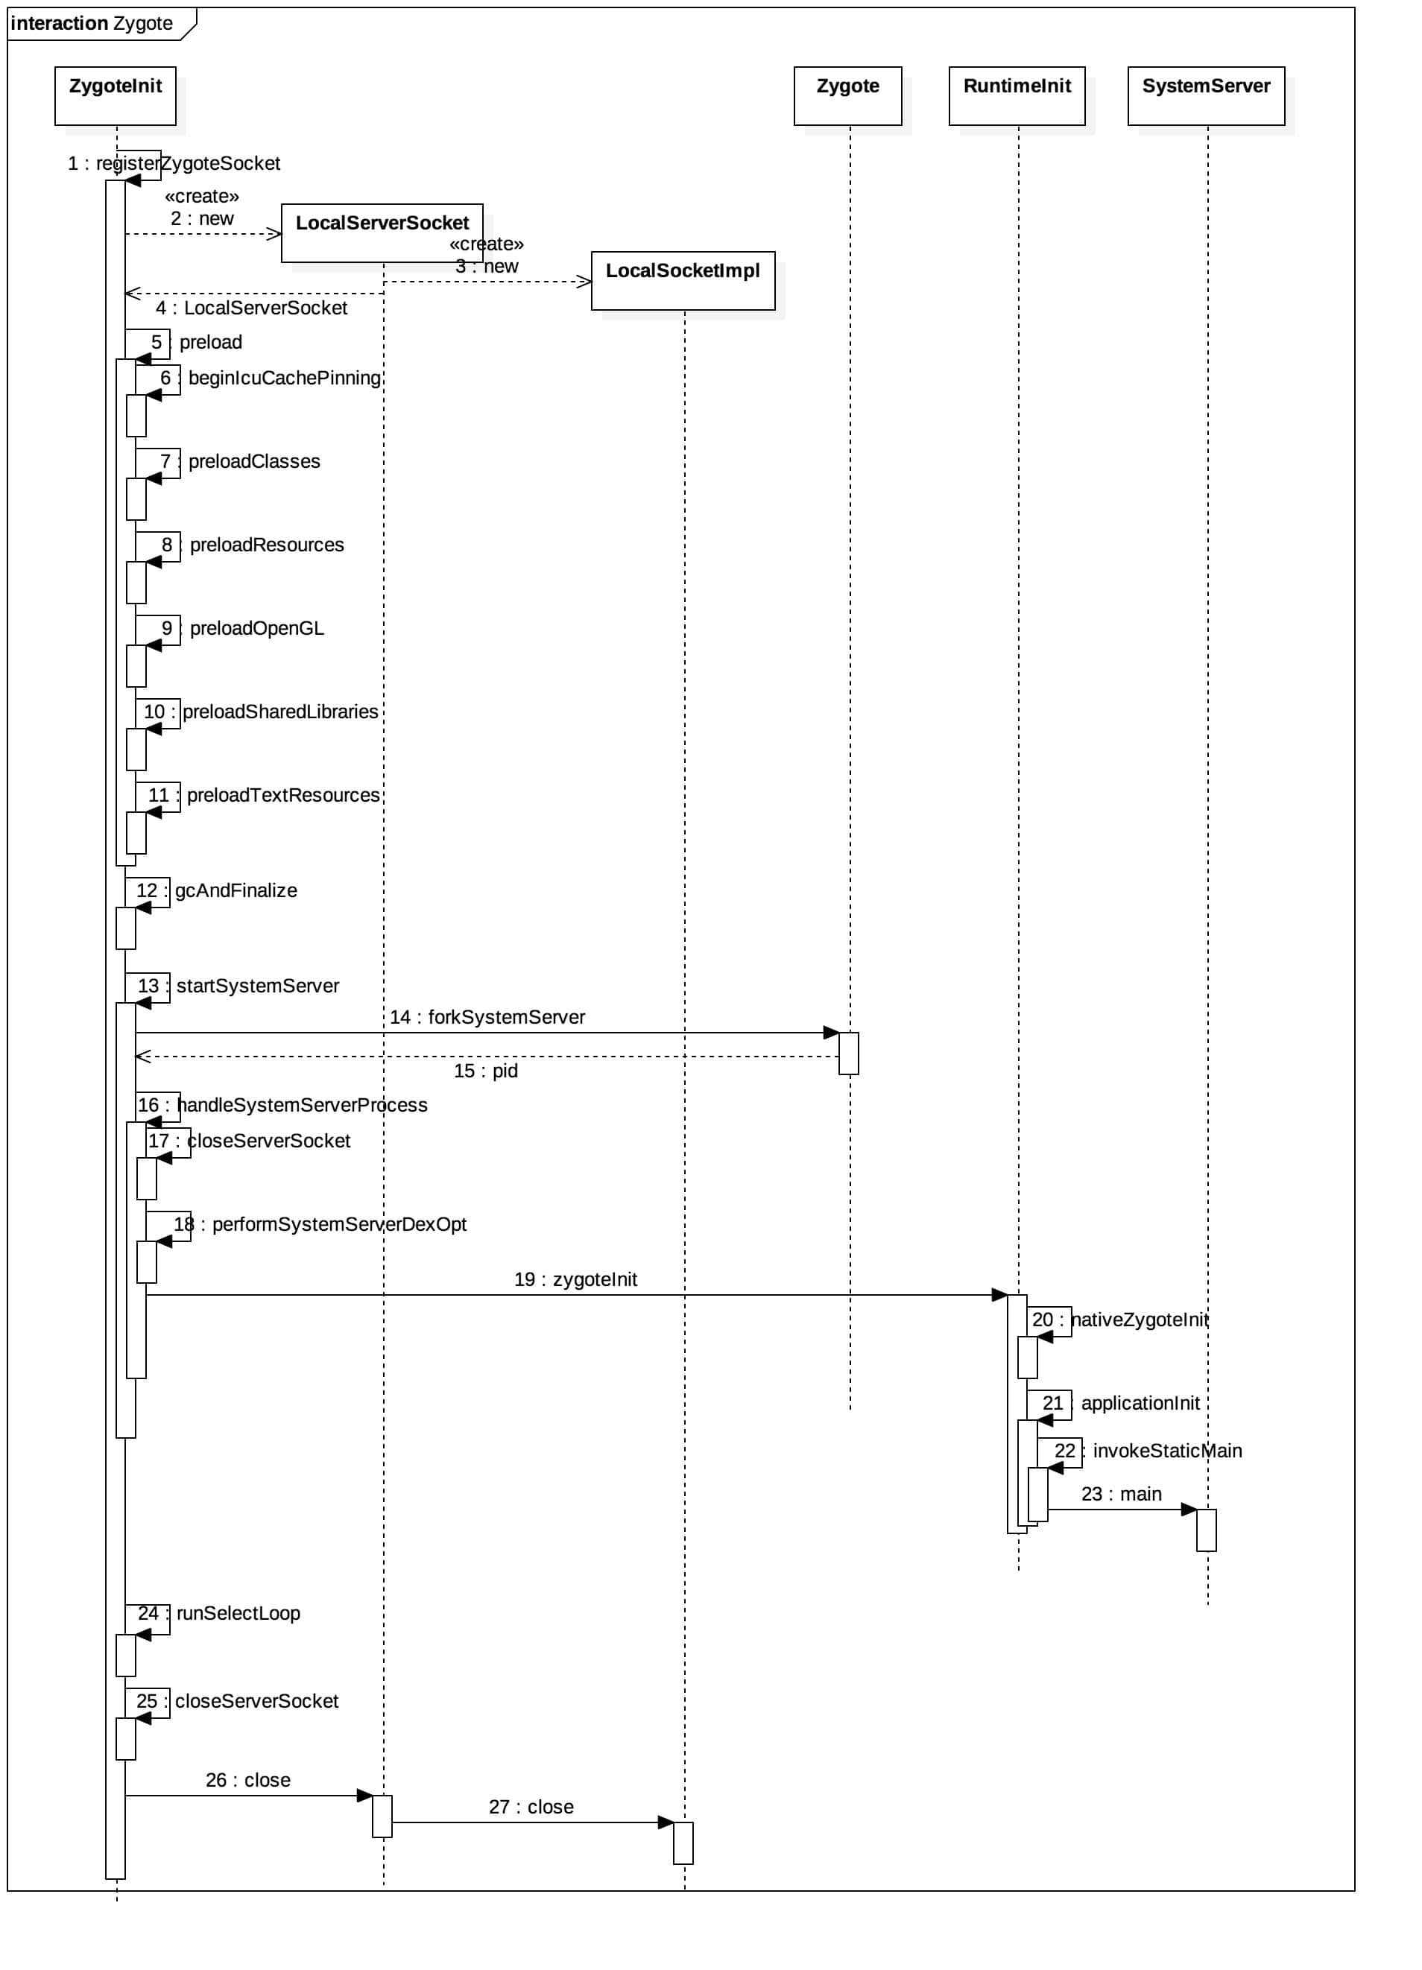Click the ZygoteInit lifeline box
click(x=115, y=95)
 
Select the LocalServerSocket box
click(x=382, y=232)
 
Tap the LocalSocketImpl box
click(x=682, y=281)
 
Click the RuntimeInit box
click(x=1017, y=95)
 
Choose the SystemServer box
click(x=1205, y=95)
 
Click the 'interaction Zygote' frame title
click(x=91, y=23)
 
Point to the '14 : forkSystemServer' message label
click(x=487, y=1016)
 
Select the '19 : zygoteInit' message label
click(x=575, y=1279)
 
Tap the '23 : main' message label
click(x=1121, y=1493)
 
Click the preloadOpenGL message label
click(x=256, y=628)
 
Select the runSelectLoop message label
click(x=238, y=1613)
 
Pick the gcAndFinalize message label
click(x=236, y=890)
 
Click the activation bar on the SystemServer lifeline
click(x=1206, y=1530)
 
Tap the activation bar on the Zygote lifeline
click(x=848, y=1053)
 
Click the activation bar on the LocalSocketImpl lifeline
click(x=683, y=1843)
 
